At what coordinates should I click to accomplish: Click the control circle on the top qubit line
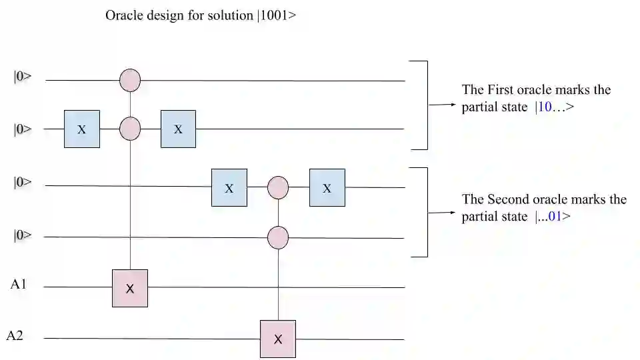coord(130,81)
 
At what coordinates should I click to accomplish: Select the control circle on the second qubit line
coord(130,129)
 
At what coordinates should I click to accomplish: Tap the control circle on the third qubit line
coord(277,187)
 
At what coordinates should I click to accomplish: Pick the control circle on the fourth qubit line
coord(277,237)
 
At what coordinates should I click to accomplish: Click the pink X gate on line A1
coord(130,288)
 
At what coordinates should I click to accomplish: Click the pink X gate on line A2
coord(277,339)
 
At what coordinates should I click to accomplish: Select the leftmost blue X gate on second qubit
coord(81,129)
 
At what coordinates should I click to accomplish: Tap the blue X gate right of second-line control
coord(178,129)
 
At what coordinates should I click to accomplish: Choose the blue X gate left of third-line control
coord(229,187)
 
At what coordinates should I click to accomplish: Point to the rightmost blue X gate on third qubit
coord(327,187)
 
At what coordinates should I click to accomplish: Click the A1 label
coord(18,285)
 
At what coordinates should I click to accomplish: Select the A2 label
coord(15,335)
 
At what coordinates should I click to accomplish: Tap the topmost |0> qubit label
coord(22,76)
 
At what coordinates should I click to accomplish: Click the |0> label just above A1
coord(22,235)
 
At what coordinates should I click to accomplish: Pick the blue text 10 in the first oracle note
coord(544,107)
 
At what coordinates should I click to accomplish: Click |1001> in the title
coord(275,15)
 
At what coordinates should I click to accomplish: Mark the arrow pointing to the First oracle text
coord(443,105)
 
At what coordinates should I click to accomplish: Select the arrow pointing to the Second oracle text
coord(443,213)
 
